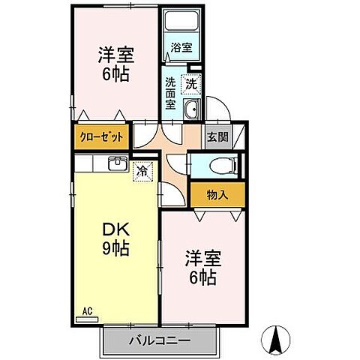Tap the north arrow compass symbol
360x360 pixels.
pyautogui.click(x=275, y=340)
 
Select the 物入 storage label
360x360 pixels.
pyautogui.click(x=217, y=195)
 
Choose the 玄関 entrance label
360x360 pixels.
pyautogui.click(x=217, y=137)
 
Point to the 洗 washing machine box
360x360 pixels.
pyautogui.click(x=193, y=85)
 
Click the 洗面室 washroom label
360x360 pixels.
pyautogui.click(x=170, y=94)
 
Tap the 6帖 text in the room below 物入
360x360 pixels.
pyautogui.click(x=201, y=279)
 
